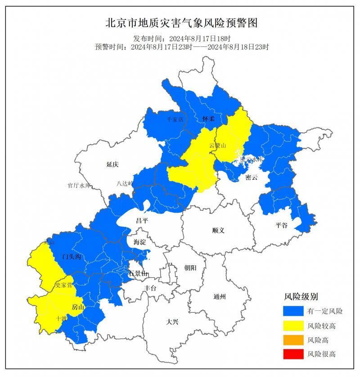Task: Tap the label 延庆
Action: pyautogui.click(x=112, y=165)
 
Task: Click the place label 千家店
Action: pyautogui.click(x=175, y=119)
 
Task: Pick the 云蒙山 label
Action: pyautogui.click(x=217, y=145)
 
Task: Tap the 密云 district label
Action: pyautogui.click(x=252, y=177)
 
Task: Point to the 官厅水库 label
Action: pyautogui.click(x=79, y=185)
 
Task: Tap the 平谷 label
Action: pyautogui.click(x=281, y=225)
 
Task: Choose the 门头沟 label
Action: pyautogui.click(x=71, y=257)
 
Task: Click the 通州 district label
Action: pyautogui.click(x=220, y=296)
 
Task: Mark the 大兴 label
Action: pyautogui.click(x=172, y=322)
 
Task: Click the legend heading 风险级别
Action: pyautogui.click(x=301, y=297)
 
